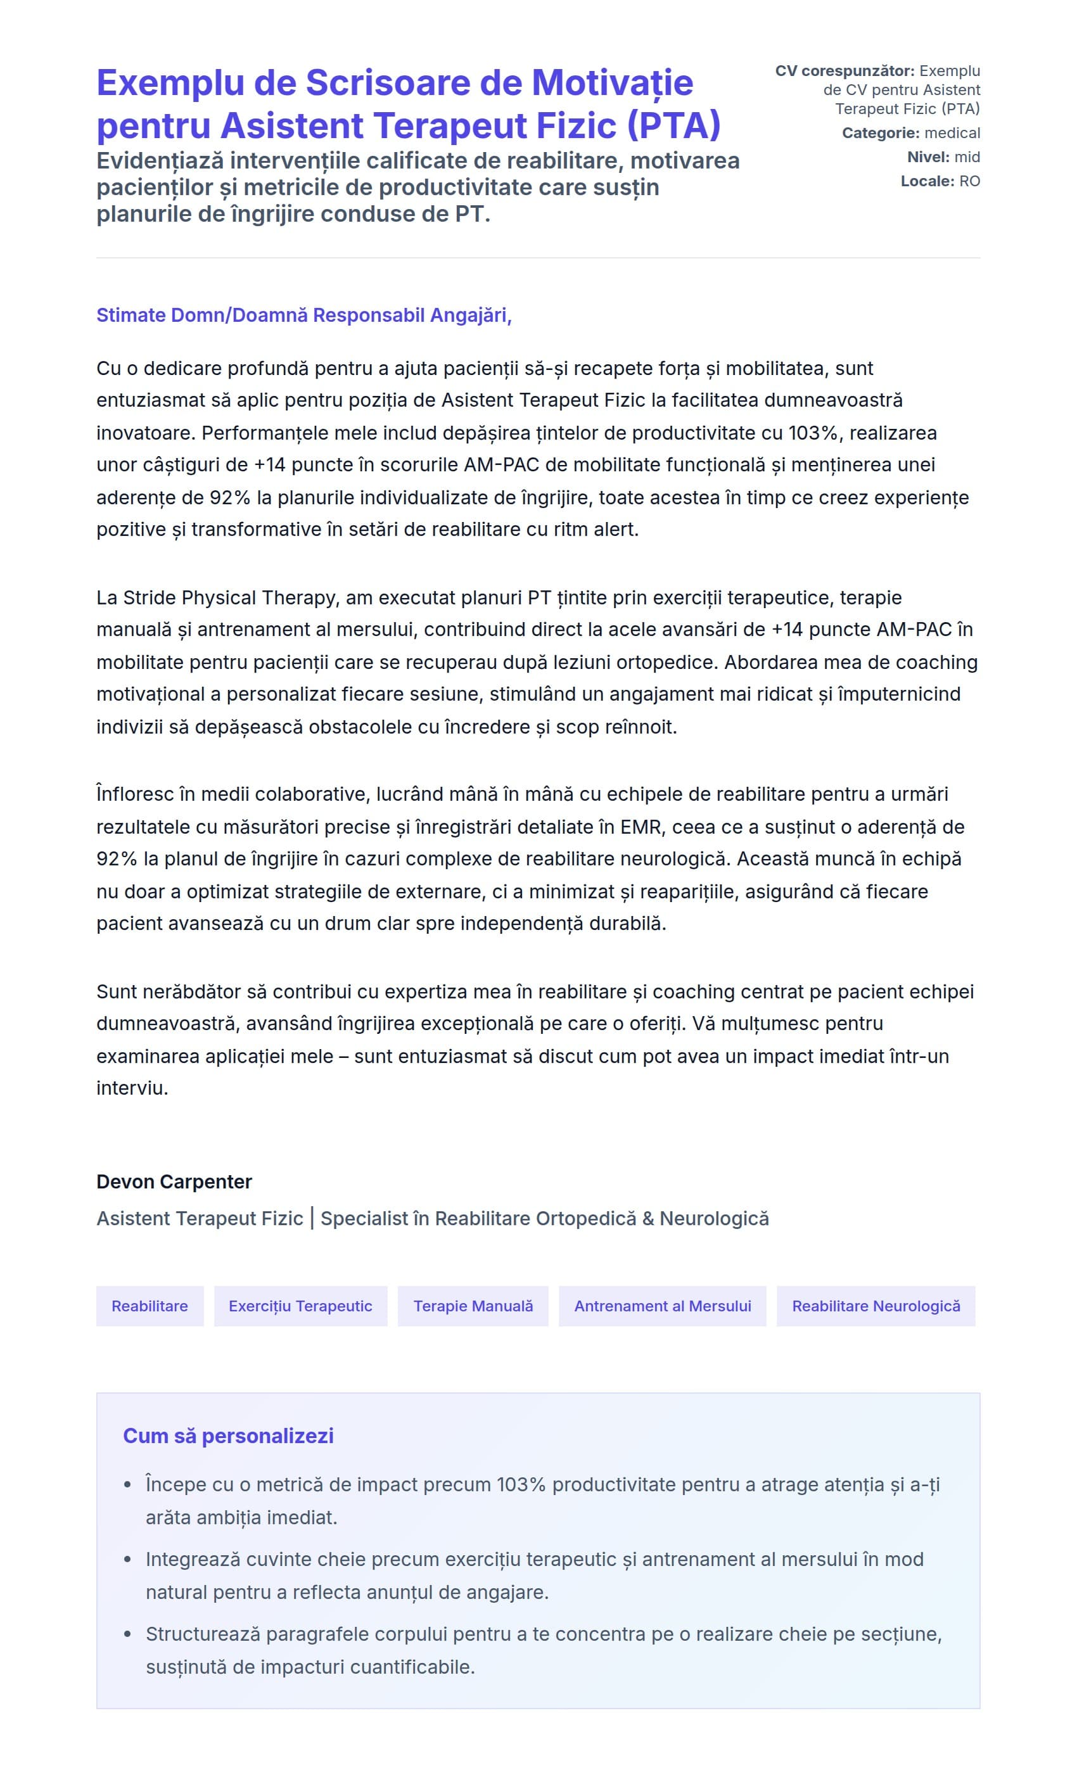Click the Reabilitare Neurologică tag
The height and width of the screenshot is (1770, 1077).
click(875, 1306)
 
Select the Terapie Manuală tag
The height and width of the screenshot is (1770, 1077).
click(473, 1306)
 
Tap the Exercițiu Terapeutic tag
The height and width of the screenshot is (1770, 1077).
click(300, 1306)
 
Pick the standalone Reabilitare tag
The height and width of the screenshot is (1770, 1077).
click(150, 1306)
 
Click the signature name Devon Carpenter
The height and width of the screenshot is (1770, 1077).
click(174, 1181)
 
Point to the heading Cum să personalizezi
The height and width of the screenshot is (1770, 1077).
click(228, 1436)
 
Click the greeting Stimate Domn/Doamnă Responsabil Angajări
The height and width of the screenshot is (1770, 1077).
click(303, 315)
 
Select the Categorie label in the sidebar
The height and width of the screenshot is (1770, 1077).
click(880, 133)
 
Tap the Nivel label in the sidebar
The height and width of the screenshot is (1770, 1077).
click(927, 157)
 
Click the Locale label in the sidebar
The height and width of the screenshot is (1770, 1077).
click(927, 181)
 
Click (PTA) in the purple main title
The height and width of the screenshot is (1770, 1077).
click(673, 125)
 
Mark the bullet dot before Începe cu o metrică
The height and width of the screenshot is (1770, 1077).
click(128, 1485)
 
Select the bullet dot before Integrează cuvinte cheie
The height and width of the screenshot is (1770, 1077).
click(128, 1560)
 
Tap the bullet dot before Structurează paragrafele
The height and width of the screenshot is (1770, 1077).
click(128, 1634)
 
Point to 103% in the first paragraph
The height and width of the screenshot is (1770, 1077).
click(812, 433)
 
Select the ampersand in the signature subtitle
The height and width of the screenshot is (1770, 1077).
click(647, 1218)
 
